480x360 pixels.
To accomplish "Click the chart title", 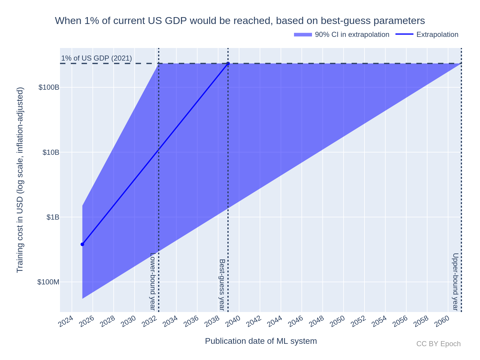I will click(240, 21).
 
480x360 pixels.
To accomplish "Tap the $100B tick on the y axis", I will click(49, 88).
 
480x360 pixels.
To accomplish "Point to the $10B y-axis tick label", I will click(51, 152).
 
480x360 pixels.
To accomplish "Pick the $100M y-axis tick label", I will click(48, 282).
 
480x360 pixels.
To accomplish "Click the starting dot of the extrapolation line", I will click(82, 244).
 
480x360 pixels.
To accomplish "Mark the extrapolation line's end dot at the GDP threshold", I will click(228, 63).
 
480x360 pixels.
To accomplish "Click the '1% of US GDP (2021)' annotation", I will click(97, 58).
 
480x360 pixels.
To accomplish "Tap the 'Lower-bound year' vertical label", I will click(152, 281).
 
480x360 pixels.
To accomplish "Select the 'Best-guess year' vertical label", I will click(222, 284).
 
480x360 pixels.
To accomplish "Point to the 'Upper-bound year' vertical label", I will click(455, 281).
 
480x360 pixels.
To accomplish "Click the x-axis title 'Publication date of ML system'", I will click(261, 341).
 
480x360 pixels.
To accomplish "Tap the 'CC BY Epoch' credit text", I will click(438, 344).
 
